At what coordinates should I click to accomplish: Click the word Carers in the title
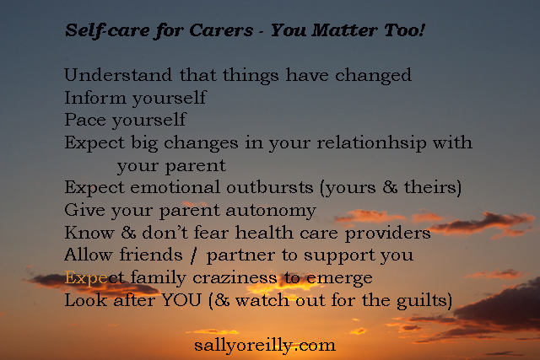(221, 30)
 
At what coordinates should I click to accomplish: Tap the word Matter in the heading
(344, 30)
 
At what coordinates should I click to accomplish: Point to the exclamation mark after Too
(422, 30)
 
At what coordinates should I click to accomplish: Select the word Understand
(118, 75)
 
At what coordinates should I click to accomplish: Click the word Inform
(95, 98)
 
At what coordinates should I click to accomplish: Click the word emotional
(175, 187)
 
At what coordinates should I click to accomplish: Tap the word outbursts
(270, 187)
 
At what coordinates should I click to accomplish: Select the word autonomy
(271, 211)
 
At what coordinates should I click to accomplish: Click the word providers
(388, 234)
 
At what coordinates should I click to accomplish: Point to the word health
(264, 233)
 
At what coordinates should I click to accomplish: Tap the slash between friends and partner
(194, 255)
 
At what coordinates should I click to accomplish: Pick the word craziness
(235, 277)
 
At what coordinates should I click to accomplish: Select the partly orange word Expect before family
(94, 278)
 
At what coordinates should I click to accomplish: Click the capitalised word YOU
(181, 300)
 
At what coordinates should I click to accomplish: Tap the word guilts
(421, 301)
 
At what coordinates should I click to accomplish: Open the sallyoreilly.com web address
(265, 346)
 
